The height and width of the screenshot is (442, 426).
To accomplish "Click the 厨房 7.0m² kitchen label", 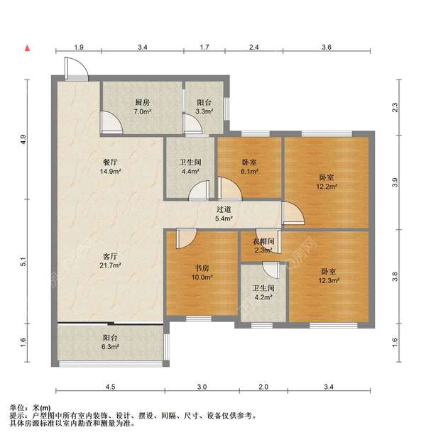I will [x=142, y=106].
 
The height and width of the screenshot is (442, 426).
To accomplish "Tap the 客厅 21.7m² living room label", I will [x=110, y=260].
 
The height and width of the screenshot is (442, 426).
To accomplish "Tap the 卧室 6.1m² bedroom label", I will [x=248, y=167].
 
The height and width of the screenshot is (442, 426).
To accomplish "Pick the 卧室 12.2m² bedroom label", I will [x=327, y=182].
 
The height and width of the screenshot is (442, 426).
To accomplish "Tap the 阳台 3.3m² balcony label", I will [x=205, y=106].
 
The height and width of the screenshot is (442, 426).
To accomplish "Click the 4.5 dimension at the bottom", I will [x=109, y=387].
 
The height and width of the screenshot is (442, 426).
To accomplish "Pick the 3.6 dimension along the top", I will [x=327, y=48].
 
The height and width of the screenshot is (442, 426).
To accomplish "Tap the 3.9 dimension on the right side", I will [x=395, y=182].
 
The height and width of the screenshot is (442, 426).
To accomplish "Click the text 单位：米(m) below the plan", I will [x=31, y=408].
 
